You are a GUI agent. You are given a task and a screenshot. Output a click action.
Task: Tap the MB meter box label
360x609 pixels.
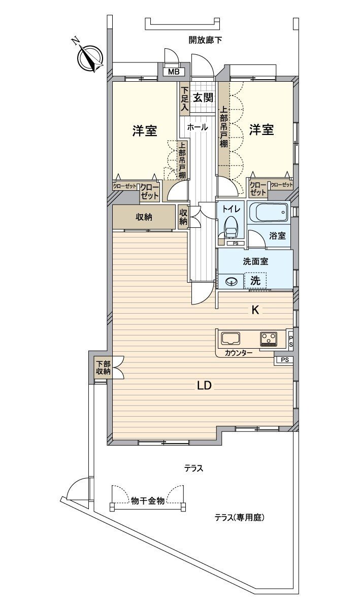[x=174, y=72]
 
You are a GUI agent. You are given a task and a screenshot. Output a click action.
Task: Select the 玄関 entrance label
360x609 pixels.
[x=202, y=98]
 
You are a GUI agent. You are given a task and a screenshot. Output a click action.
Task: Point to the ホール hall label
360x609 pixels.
[x=197, y=127]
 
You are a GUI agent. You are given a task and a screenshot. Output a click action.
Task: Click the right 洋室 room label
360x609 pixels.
[x=261, y=130]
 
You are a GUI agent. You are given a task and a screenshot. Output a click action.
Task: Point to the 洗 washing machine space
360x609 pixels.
[x=255, y=280]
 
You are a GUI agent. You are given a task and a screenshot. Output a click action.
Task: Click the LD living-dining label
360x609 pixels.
[x=204, y=386]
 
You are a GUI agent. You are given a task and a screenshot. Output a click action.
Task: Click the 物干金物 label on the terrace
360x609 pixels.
[x=147, y=500]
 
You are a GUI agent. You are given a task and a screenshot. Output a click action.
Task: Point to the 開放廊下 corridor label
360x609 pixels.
[x=205, y=40]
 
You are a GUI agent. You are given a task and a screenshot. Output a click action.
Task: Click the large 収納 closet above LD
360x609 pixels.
[x=144, y=217]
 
